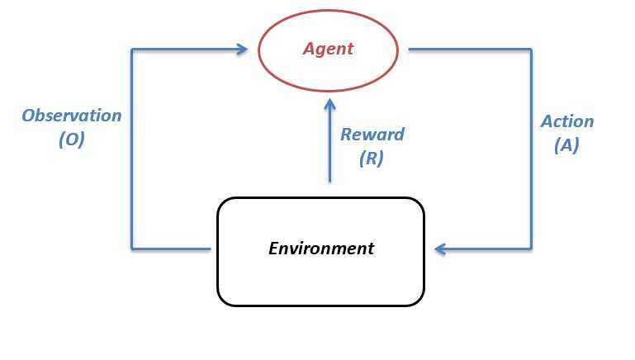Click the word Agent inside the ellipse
[327, 49]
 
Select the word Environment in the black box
[321, 248]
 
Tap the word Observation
[72, 116]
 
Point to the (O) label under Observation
[72, 140]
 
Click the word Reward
[372, 135]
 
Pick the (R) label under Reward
[372, 159]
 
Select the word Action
[566, 121]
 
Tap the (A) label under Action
[566, 146]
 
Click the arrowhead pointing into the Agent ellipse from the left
[241, 49]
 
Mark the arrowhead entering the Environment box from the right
[441, 248]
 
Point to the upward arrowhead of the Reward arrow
[329, 105]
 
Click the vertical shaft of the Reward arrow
[329, 149]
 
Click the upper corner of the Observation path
[131, 49]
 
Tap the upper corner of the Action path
[531, 49]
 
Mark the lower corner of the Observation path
[131, 248]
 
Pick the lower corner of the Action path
[531, 248]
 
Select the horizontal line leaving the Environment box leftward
[171, 248]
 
